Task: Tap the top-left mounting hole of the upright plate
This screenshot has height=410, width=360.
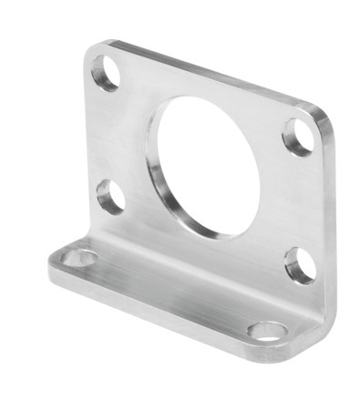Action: [x=107, y=73]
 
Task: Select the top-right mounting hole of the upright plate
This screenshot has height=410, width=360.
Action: [x=297, y=136]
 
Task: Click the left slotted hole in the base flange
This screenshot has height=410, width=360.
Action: [x=78, y=259]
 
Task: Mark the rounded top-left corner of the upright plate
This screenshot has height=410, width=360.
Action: [x=94, y=50]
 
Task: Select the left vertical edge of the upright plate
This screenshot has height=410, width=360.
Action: [x=89, y=146]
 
